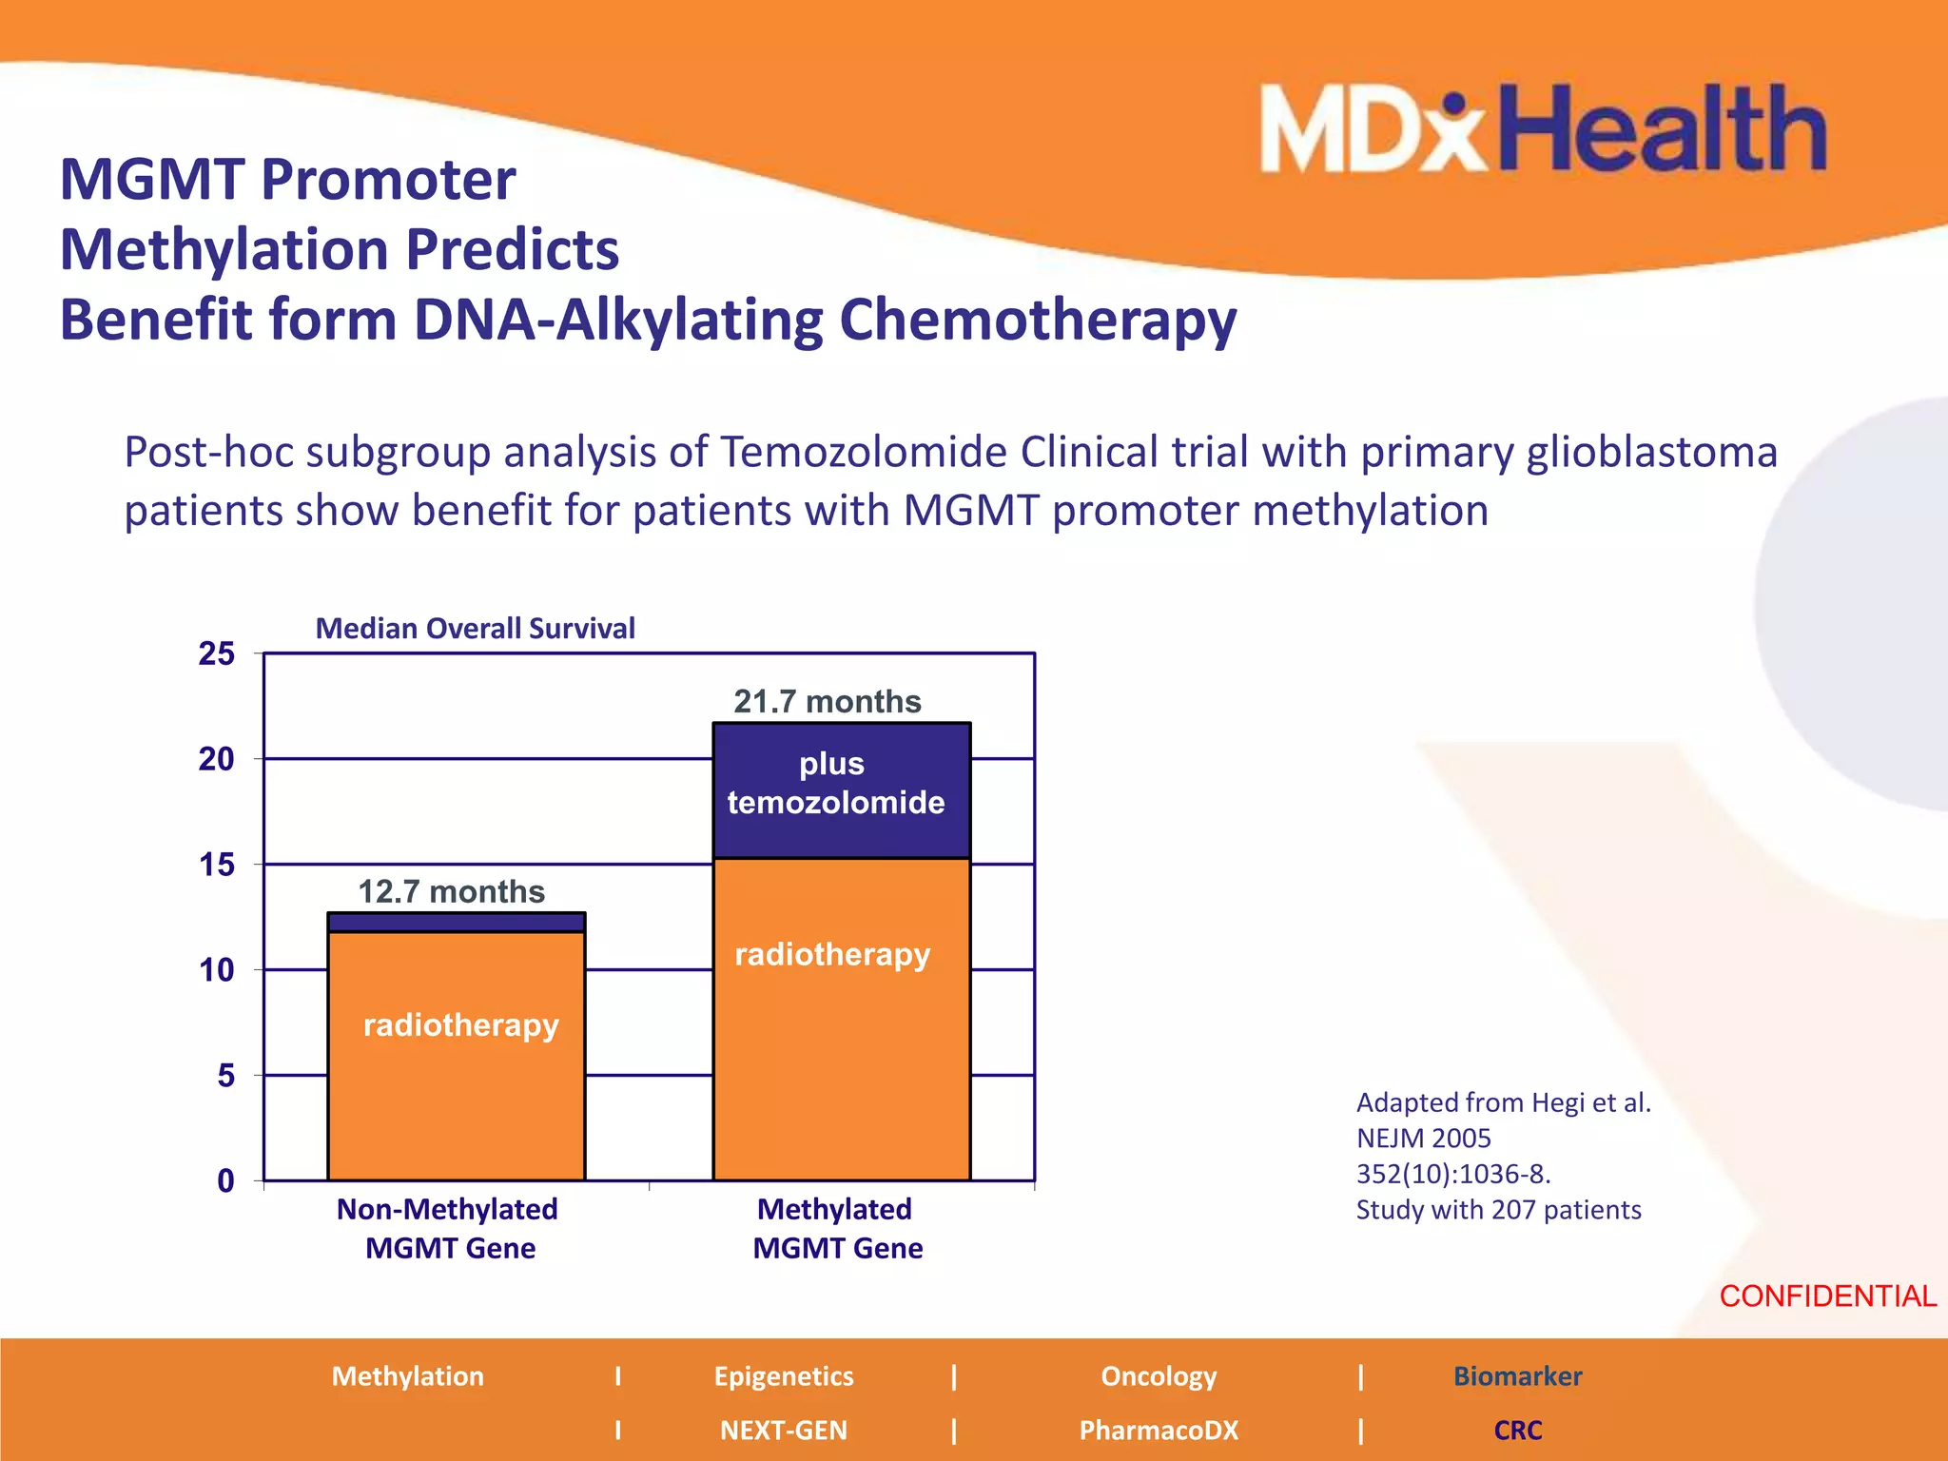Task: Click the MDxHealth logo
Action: (x=1543, y=129)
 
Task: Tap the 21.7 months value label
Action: (x=828, y=702)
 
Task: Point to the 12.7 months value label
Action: (x=451, y=892)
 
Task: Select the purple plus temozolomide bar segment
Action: (x=842, y=789)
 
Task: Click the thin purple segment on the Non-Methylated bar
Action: (x=457, y=922)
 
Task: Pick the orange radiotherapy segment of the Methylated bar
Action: (x=842, y=1046)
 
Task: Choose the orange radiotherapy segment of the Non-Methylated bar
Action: (x=457, y=1075)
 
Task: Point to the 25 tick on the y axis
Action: (x=217, y=653)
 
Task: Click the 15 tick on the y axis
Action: (x=217, y=865)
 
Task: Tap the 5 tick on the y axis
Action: (x=225, y=1076)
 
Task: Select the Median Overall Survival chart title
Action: (x=475, y=629)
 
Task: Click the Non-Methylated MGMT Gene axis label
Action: (x=448, y=1228)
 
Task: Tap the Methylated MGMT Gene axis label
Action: (x=837, y=1228)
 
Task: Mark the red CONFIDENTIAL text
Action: (x=1827, y=1296)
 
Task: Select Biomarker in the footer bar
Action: (x=1517, y=1376)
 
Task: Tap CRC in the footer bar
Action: (x=1517, y=1430)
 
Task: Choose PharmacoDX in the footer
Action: (x=1159, y=1430)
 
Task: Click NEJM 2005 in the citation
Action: (x=1423, y=1139)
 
